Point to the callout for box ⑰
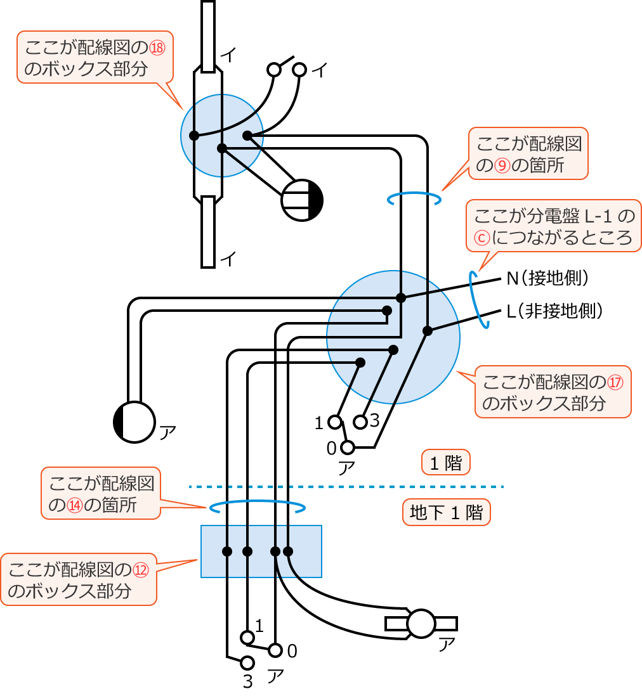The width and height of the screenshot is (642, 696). coord(553,391)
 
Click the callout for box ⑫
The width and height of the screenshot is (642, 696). coord(78,580)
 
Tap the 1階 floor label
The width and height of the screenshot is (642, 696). coord(446,463)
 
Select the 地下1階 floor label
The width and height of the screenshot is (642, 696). coord(447,512)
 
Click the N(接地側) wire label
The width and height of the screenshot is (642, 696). coord(549,278)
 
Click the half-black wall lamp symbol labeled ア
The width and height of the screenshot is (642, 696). coord(134,422)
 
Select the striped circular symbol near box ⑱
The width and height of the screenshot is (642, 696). coord(303,200)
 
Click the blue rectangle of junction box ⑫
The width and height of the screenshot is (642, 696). coord(261,551)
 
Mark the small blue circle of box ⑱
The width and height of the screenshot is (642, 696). coord(221,136)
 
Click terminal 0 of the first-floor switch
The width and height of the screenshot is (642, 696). coord(347,448)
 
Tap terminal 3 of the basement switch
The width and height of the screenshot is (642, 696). coord(247,663)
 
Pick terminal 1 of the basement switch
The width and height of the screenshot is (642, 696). coord(247,636)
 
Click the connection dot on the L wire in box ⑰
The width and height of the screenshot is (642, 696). coord(428,330)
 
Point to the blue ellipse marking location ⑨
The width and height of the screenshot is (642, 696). coord(414,199)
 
